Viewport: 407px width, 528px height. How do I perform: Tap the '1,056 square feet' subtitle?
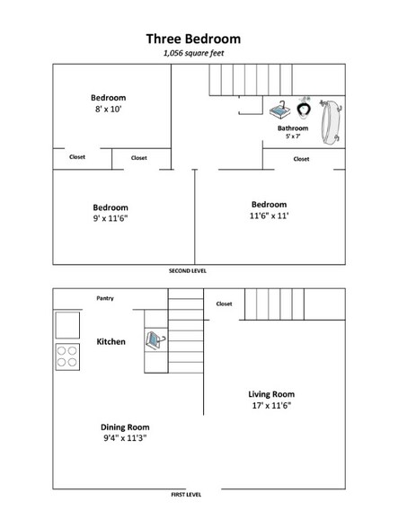[193, 54]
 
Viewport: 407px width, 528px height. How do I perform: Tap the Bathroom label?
[292, 128]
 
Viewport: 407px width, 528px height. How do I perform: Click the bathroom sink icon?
[277, 110]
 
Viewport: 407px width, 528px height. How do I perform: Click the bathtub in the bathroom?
[332, 119]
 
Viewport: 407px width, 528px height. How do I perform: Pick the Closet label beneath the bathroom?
[301, 159]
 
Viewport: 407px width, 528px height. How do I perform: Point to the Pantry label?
[105, 298]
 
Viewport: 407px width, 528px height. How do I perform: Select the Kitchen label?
[111, 341]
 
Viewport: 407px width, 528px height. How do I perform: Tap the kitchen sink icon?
[155, 341]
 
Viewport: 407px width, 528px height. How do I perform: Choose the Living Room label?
[270, 394]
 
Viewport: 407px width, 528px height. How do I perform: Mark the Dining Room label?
[126, 427]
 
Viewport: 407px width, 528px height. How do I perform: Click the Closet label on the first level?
[224, 304]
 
